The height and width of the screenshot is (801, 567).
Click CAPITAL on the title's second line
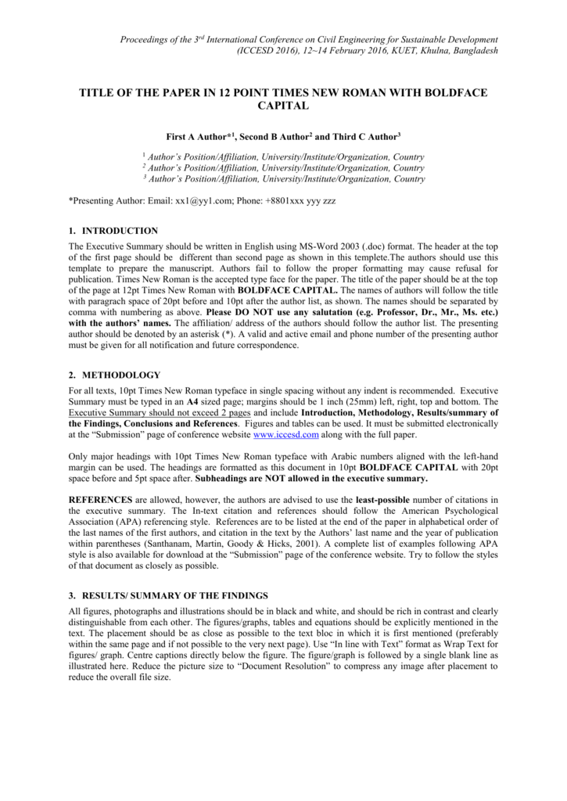click(283, 106)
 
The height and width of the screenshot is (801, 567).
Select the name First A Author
click(199, 136)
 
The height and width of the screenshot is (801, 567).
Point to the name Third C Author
click(364, 136)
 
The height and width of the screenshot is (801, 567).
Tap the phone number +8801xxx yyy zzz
click(300, 201)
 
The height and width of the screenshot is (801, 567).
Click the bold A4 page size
click(192, 400)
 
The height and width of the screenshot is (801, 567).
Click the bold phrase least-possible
click(388, 498)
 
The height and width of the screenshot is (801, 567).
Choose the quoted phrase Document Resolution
click(307, 666)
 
